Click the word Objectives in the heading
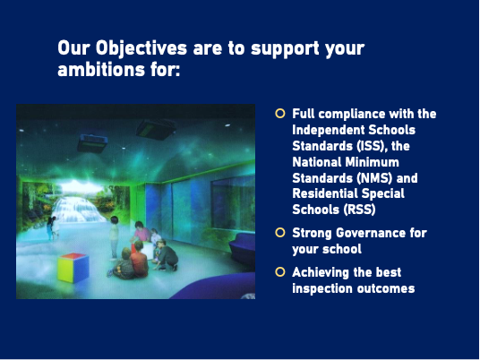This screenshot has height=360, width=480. [x=141, y=48]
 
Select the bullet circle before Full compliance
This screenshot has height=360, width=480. [x=280, y=113]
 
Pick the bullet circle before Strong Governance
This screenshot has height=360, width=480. [x=280, y=232]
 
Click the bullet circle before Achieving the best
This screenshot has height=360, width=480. [x=280, y=272]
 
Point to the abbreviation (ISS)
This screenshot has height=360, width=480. [x=371, y=146]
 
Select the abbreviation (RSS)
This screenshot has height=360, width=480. [x=359, y=210]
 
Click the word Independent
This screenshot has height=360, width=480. [x=328, y=130]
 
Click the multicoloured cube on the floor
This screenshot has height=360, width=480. [x=73, y=267]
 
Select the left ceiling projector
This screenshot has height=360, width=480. [x=92, y=143]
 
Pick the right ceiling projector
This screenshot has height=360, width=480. [x=156, y=130]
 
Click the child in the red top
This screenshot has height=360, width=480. [x=140, y=260]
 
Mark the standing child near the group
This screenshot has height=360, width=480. [x=114, y=236]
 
